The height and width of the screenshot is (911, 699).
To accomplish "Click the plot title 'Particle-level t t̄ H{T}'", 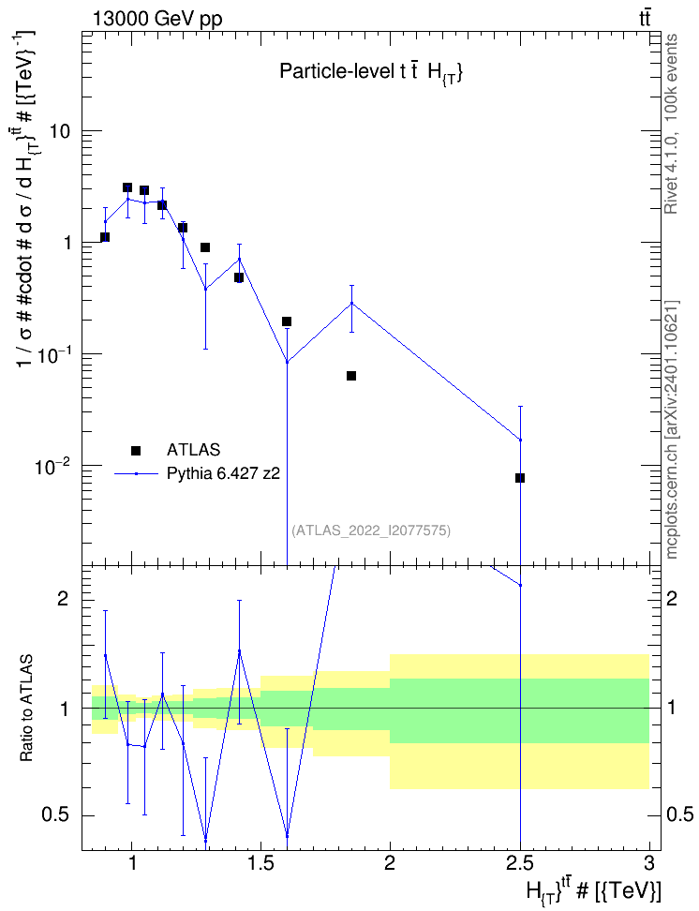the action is tap(371, 72).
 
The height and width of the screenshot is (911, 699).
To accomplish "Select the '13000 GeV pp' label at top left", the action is tap(156, 19).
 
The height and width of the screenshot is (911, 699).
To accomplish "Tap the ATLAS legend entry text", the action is tap(193, 450).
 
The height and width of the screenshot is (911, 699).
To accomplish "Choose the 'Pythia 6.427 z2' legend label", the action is tap(223, 473).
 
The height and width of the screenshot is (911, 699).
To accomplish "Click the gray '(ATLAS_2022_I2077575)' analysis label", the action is tap(371, 530).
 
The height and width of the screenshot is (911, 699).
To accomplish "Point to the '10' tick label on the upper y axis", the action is tap(58, 131).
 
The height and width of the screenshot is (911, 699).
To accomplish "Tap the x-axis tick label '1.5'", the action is tap(260, 863).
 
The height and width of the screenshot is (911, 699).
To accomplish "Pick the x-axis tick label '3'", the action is tap(649, 863).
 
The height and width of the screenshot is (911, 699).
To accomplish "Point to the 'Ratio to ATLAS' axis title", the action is tap(26, 709).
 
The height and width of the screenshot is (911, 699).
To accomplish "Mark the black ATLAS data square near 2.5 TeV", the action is tap(520, 478).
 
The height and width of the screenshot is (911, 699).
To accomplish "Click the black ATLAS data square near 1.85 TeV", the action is tap(351, 376).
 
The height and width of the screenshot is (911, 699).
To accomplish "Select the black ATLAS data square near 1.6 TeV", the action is tap(287, 321).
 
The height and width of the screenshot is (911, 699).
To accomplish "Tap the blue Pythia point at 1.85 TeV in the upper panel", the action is tap(351, 303).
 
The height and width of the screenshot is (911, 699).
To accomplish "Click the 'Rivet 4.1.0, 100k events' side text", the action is tap(671, 125).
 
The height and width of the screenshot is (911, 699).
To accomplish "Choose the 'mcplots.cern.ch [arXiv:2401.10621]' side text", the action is tap(671, 429).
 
